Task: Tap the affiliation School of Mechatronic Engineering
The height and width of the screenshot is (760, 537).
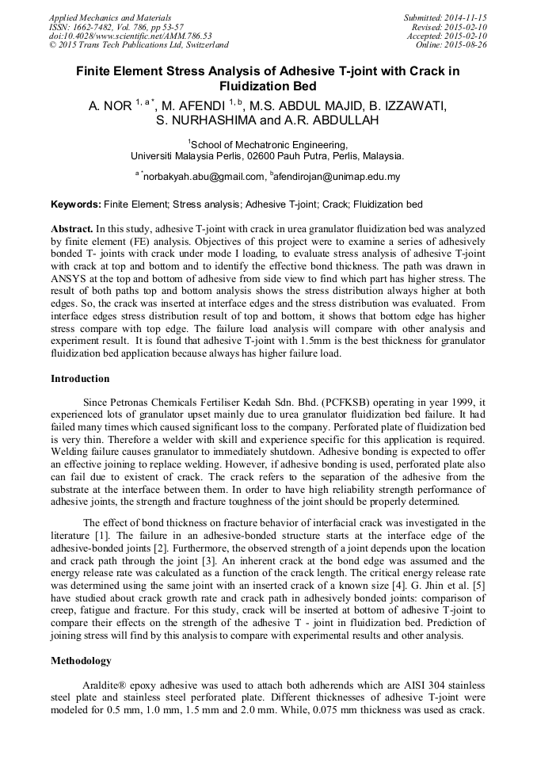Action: [x=268, y=145]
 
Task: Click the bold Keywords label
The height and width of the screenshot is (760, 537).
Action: [x=76, y=204]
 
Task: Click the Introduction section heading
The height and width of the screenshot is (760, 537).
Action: [x=80, y=379]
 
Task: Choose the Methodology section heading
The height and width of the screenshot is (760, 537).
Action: [x=81, y=660]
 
